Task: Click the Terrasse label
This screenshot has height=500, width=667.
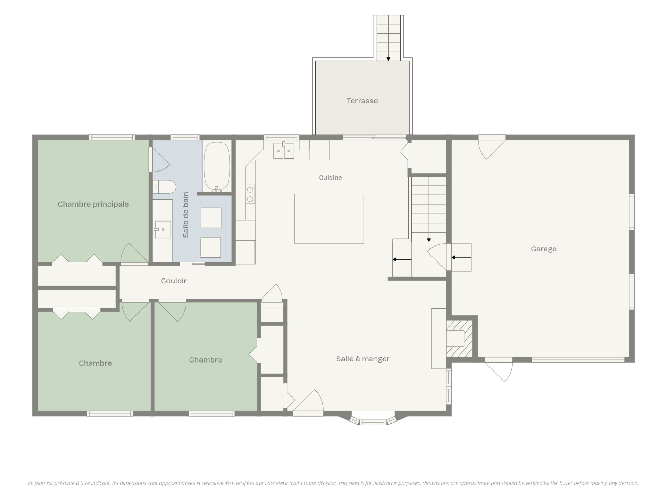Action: [x=362, y=101]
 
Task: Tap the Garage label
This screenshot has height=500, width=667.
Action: [x=544, y=249]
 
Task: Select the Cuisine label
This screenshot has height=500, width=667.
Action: [x=330, y=178]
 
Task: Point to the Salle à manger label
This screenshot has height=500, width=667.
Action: [x=363, y=359]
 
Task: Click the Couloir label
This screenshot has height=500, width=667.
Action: [x=174, y=281]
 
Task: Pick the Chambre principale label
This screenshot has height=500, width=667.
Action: [x=93, y=204]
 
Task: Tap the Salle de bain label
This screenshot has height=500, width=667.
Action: [x=186, y=215]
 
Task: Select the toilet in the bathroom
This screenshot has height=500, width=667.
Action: [x=164, y=187]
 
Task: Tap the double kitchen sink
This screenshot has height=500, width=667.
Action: [x=283, y=151]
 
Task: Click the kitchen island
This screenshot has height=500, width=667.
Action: [x=329, y=219]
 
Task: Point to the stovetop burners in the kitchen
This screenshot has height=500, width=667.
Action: [x=250, y=194]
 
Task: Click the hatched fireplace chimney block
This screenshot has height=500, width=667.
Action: [x=459, y=339]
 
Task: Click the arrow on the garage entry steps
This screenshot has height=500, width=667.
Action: [x=461, y=258]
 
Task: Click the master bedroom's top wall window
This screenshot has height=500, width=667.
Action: [x=112, y=137]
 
